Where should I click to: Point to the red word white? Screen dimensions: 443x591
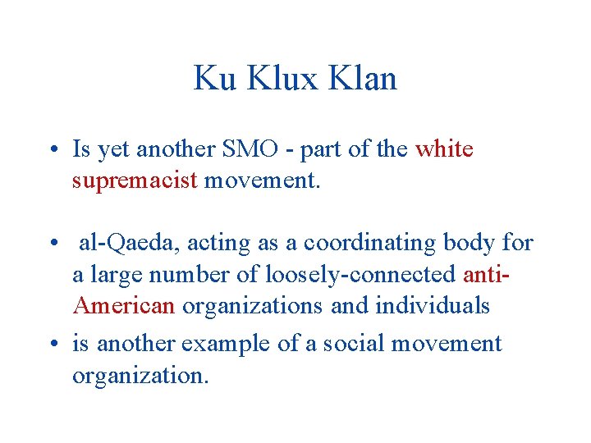pyautogui.click(x=444, y=149)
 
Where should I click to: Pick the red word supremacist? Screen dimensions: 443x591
pyautogui.click(x=135, y=180)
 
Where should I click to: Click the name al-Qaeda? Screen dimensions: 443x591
pyautogui.click(x=127, y=244)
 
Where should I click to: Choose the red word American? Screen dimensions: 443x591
pyautogui.click(x=124, y=306)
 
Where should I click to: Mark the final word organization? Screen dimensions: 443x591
pyautogui.click(x=140, y=375)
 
